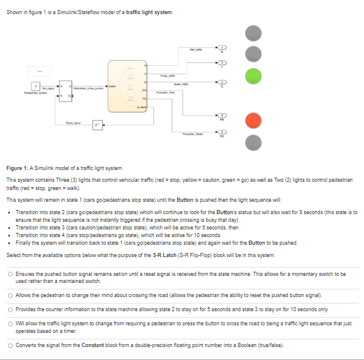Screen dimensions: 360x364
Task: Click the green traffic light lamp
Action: [253, 76]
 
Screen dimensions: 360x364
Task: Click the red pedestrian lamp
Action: [253, 120]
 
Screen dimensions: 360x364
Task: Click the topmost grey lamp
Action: [253, 33]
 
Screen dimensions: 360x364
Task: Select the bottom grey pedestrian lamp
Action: [253, 142]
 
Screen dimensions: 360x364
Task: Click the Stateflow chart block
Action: [126, 85]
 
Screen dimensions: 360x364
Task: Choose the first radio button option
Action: [11, 274]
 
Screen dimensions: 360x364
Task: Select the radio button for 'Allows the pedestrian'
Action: [11, 294]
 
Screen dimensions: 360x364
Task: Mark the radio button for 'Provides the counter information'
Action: [11, 309]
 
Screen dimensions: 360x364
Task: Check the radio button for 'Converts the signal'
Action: [11, 345]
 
